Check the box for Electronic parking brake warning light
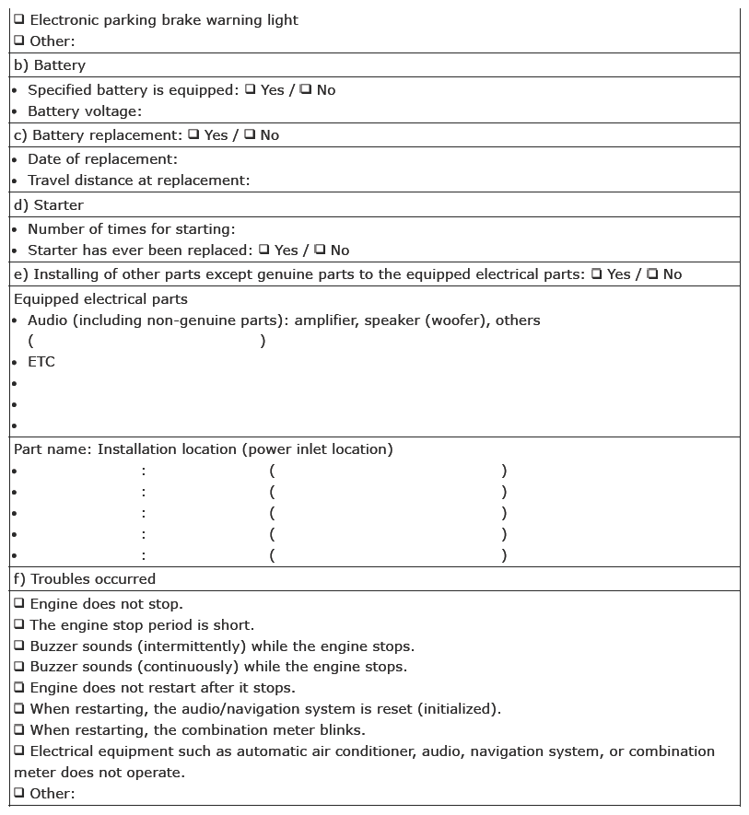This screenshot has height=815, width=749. pyautogui.click(x=19, y=19)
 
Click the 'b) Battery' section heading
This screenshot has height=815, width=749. pyautogui.click(x=49, y=65)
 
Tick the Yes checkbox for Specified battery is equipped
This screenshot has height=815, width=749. pyautogui.click(x=250, y=89)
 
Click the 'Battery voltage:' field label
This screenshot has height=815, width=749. pyautogui.click(x=85, y=111)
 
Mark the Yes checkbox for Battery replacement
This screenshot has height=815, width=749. pyautogui.click(x=193, y=134)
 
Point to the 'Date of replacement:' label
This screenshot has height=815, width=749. pyautogui.click(x=102, y=159)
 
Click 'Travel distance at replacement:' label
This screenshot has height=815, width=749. pyautogui.click(x=138, y=180)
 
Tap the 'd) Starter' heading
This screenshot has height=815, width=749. pyautogui.click(x=48, y=205)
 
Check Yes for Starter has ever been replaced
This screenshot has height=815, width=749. pyautogui.click(x=263, y=250)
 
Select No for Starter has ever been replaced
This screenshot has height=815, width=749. pyautogui.click(x=319, y=250)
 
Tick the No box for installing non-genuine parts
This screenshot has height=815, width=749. pyautogui.click(x=651, y=274)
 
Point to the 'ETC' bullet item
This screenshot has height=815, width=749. pyautogui.click(x=41, y=362)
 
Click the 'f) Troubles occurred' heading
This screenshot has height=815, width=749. pyautogui.click(x=84, y=579)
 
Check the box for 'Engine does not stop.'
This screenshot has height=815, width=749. pyautogui.click(x=19, y=604)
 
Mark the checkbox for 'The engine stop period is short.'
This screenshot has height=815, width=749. pyautogui.click(x=19, y=625)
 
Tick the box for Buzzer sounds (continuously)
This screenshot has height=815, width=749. pyautogui.click(x=19, y=667)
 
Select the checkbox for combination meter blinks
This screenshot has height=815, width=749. pyautogui.click(x=19, y=730)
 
